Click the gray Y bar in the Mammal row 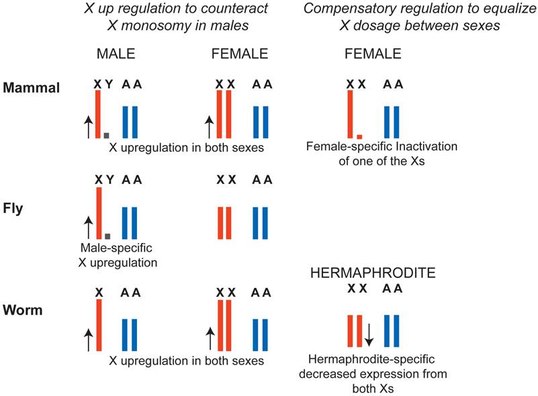(x=107, y=135)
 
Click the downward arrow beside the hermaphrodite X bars (x=369, y=333)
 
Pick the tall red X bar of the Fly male (x=98, y=213)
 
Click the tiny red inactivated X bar (x=359, y=136)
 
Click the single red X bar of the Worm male (x=99, y=325)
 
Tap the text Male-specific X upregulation (x=117, y=256)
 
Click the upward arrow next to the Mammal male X (x=87, y=125)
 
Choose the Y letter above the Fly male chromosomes (x=109, y=180)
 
